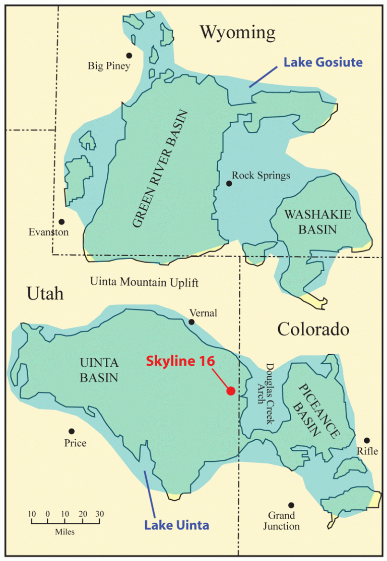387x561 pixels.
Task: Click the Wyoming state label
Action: coord(237,33)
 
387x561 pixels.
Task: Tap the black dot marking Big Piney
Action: coord(130,55)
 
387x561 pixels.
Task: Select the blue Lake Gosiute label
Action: coord(323,62)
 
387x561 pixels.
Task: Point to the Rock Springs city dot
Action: coord(229,184)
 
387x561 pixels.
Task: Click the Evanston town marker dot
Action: coord(61,221)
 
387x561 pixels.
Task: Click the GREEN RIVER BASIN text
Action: coord(160,170)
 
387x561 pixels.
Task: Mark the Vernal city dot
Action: coord(191,322)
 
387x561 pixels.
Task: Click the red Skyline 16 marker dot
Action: coord(231,391)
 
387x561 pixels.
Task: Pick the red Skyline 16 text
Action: coord(180,361)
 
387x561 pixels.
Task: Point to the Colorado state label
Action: coord(313,330)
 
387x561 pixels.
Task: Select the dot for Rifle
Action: coord(367,440)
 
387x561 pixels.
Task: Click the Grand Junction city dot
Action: coord(291,505)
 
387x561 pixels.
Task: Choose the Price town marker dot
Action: coord(72,431)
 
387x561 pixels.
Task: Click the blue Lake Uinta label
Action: coord(176,526)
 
